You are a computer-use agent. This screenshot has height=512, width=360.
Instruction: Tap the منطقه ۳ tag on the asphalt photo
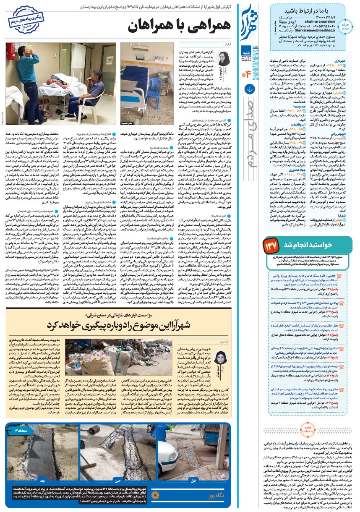click(21, 431)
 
